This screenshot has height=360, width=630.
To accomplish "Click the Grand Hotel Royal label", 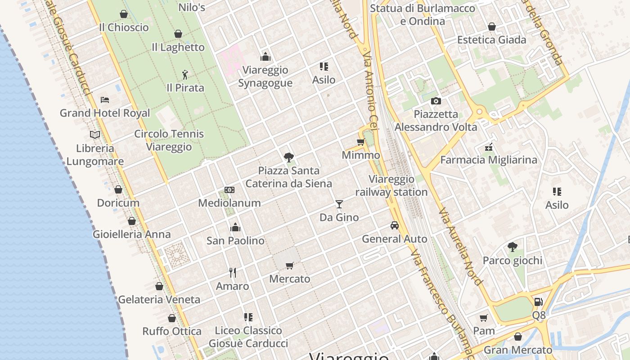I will pyautogui.click(x=105, y=113).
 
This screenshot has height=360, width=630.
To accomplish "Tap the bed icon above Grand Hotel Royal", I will pyautogui.click(x=105, y=99).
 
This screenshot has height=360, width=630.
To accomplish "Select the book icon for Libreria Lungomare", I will pyautogui.click(x=95, y=135).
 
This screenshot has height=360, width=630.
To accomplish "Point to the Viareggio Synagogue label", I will pyautogui.click(x=265, y=76).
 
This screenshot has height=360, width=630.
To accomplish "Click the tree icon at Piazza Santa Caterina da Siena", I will pyautogui.click(x=289, y=157).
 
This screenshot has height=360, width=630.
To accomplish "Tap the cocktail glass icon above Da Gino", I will pyautogui.click(x=339, y=204).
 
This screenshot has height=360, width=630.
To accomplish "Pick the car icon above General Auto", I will pyautogui.click(x=395, y=225).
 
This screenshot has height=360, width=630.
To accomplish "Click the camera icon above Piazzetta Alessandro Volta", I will pyautogui.click(x=436, y=101).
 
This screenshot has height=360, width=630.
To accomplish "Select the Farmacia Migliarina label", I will pyautogui.click(x=489, y=160).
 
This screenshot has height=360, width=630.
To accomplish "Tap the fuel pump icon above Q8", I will pyautogui.click(x=538, y=301).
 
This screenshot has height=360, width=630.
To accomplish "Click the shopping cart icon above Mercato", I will pyautogui.click(x=290, y=265).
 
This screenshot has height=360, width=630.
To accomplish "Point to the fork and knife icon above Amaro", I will pyautogui.click(x=233, y=273).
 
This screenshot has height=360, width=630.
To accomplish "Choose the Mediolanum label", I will pyautogui.click(x=229, y=203).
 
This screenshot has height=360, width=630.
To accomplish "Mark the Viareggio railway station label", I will pyautogui.click(x=391, y=186).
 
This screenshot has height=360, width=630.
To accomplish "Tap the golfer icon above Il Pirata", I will pyautogui.click(x=185, y=74).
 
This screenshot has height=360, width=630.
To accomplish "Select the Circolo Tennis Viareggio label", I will pyautogui.click(x=169, y=140).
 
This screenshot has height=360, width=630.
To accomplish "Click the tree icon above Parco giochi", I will pyautogui.click(x=512, y=247).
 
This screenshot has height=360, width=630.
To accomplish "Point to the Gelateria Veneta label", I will pyautogui.click(x=159, y=299).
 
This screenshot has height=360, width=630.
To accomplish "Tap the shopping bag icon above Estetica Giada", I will pyautogui.click(x=492, y=27).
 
